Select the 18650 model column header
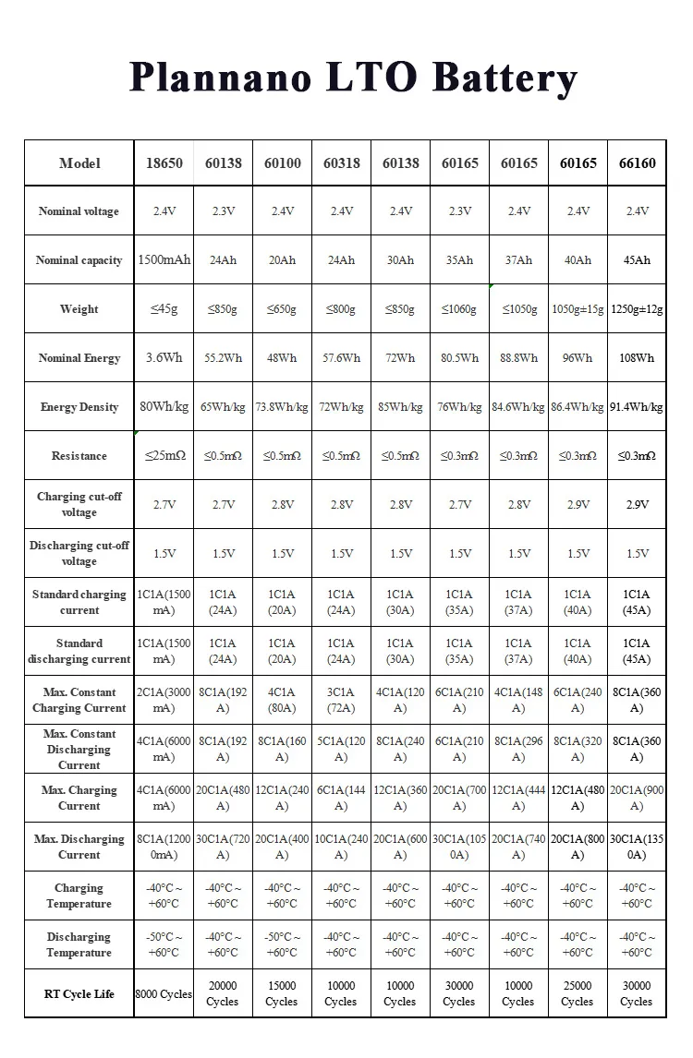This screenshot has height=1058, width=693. coord(164,163)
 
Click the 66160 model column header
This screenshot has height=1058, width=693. coord(637,163)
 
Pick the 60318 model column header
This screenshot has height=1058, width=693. coord(341,163)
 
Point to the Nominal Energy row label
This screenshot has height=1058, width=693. coord(79,358)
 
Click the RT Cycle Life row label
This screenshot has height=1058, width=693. coord(79,994)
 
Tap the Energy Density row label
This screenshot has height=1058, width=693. coord(79,407)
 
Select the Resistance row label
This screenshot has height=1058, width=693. coord(79,456)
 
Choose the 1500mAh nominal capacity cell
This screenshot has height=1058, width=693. coord(164,260)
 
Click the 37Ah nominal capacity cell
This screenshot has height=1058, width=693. coord(518,260)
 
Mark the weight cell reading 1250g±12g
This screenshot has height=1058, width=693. coord(637,309)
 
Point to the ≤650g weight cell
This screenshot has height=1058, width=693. coord(282,309)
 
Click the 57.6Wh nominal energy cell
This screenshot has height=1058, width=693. coord(341,358)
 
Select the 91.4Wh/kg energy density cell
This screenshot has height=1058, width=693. coord(637,407)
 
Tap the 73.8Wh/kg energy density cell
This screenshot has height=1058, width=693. coord(282,407)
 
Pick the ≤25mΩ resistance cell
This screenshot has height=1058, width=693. coord(164,456)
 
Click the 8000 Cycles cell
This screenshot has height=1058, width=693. coord(164,994)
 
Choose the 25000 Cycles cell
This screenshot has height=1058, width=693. coord(577,993)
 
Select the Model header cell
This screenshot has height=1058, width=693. coord(79,163)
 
